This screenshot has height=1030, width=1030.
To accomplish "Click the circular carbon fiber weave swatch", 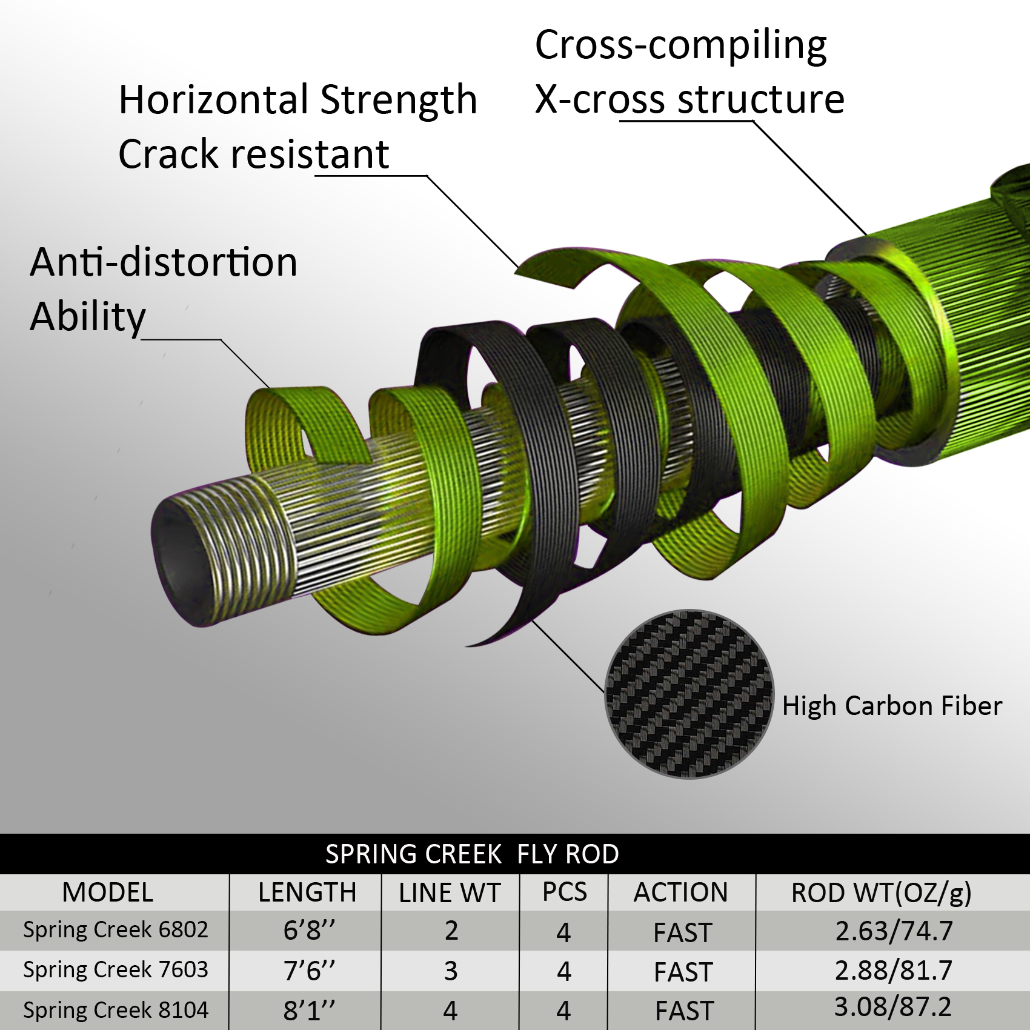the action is pyautogui.click(x=689, y=694).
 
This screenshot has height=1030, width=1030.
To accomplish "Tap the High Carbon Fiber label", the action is pyautogui.click(x=892, y=706).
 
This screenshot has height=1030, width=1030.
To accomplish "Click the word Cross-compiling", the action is pyautogui.click(x=681, y=46).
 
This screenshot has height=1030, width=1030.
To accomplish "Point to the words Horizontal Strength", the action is pyautogui.click(x=298, y=99).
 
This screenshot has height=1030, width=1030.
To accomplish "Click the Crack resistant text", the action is pyautogui.click(x=254, y=154).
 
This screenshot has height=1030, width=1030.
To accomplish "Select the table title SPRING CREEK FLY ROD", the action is pyautogui.click(x=472, y=854).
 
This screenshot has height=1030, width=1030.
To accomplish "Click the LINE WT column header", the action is pyautogui.click(x=450, y=893).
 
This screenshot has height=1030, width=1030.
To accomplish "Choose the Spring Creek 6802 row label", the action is pyautogui.click(x=116, y=929).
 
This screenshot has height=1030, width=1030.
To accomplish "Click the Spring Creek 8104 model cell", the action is pyautogui.click(x=116, y=1010).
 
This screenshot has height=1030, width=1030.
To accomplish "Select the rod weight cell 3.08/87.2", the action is pyautogui.click(x=893, y=1007).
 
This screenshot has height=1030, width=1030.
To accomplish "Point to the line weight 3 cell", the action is pyautogui.click(x=450, y=971).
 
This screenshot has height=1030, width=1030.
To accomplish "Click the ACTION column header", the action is pyautogui.click(x=681, y=892).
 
